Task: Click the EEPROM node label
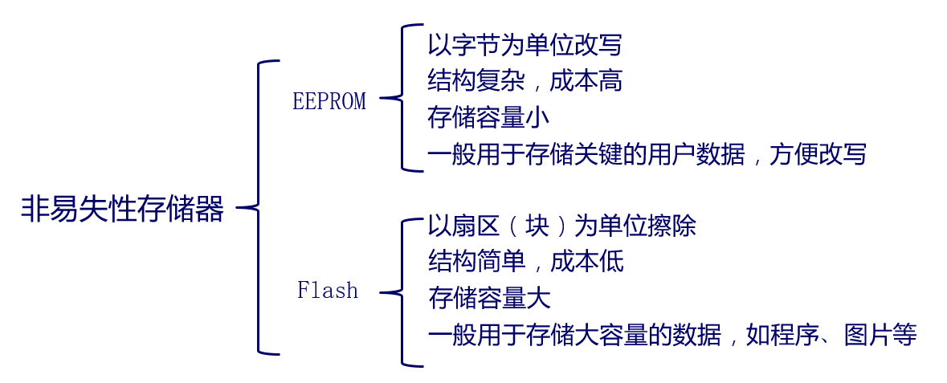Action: tap(329, 101)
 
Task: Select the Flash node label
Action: tap(328, 290)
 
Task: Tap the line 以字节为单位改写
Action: tap(525, 45)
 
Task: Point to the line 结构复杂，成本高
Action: tap(525, 81)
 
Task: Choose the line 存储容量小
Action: tap(488, 117)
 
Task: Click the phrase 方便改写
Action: tap(818, 153)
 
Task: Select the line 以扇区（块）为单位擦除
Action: tap(562, 226)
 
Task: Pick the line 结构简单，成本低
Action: tap(525, 262)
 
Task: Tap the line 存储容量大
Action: tap(489, 298)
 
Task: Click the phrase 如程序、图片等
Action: tap(831, 334)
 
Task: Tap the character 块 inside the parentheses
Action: tap(537, 226)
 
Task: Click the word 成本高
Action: tap(586, 81)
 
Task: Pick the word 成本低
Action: tap(586, 262)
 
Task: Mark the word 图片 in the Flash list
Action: tap(868, 334)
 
